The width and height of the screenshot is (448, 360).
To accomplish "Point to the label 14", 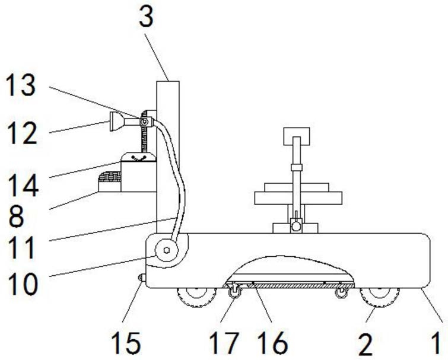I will coord(24,184).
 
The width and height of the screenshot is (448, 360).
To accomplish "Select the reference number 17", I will coord(223,343).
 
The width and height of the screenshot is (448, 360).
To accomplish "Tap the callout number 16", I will coord(272,343).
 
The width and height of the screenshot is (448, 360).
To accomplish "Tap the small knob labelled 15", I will coord(141,278).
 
